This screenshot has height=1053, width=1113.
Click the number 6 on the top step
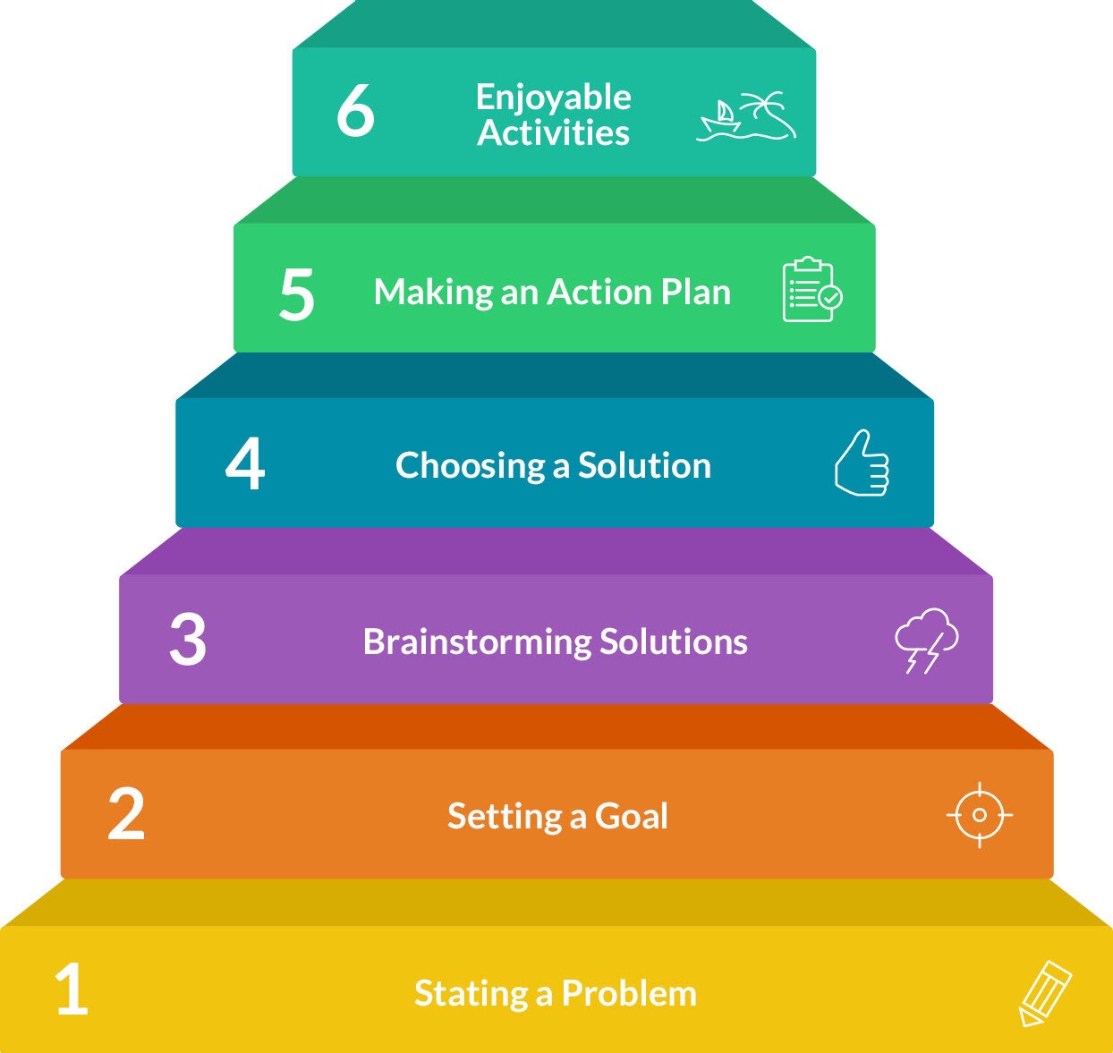pyautogui.click(x=355, y=111)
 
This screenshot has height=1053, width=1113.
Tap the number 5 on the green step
pyautogui.click(x=297, y=294)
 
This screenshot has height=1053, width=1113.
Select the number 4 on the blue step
pyautogui.click(x=245, y=464)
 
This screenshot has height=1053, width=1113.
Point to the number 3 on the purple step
pyautogui.click(x=188, y=640)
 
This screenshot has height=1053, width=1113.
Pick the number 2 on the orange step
pyautogui.click(x=126, y=814)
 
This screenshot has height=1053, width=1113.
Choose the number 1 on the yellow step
pyautogui.click(x=72, y=989)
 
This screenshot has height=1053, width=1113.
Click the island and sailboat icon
pyautogui.click(x=746, y=116)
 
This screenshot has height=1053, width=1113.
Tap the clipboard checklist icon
pyautogui.click(x=811, y=290)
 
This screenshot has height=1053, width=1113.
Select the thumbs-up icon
pyautogui.click(x=862, y=463)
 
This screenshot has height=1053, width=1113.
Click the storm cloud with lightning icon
pyautogui.click(x=926, y=640)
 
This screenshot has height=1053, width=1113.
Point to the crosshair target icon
pyautogui.click(x=979, y=815)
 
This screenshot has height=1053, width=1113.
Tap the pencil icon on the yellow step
pyautogui.click(x=1044, y=993)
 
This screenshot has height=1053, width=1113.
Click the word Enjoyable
pyautogui.click(x=553, y=98)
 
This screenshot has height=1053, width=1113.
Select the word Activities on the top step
pyautogui.click(x=553, y=132)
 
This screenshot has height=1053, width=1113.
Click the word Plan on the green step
pyautogui.click(x=695, y=293)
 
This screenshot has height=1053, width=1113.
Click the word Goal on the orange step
pyautogui.click(x=632, y=816)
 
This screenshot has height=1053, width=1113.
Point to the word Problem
pyautogui.click(x=629, y=993)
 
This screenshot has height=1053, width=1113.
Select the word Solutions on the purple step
pyautogui.click(x=673, y=641)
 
